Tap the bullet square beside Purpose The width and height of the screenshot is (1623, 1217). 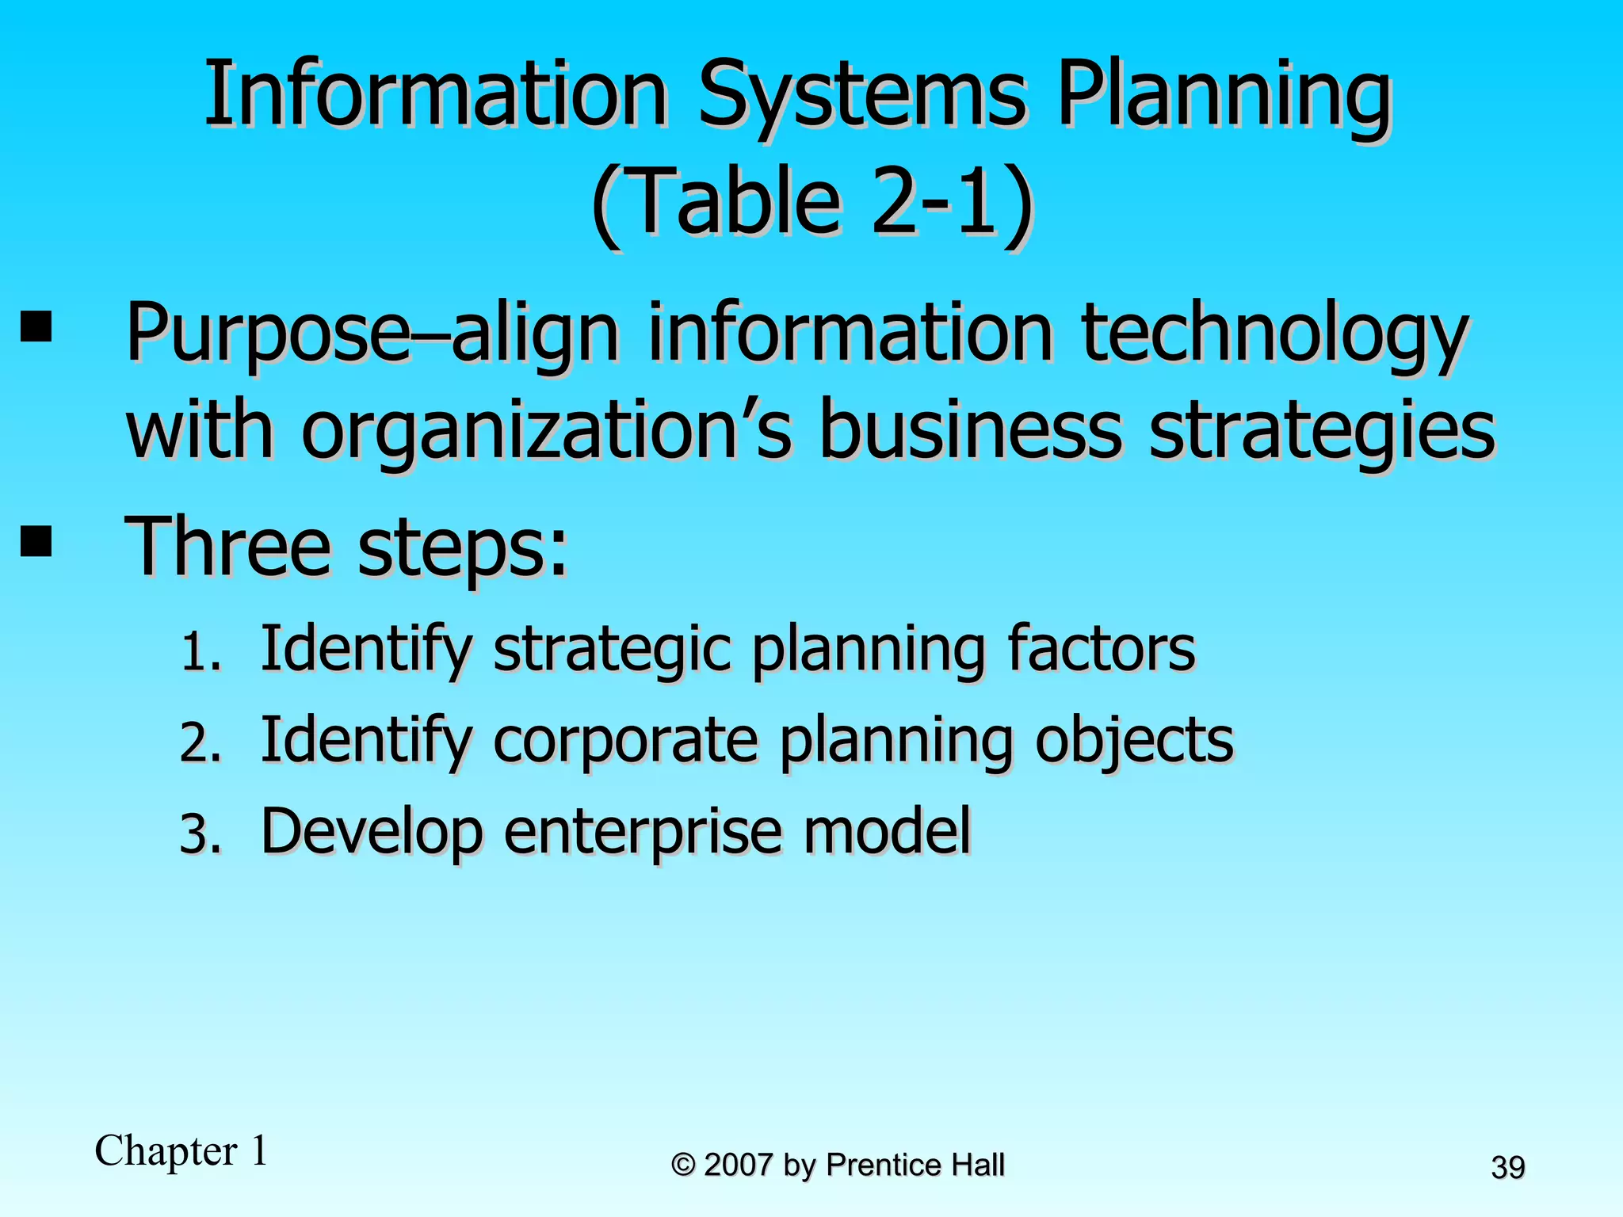point(36,326)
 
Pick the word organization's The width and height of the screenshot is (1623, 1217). point(546,432)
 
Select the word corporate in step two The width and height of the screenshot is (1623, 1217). point(625,742)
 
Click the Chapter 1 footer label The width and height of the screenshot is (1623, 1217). point(181,1150)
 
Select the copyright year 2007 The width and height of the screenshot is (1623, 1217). point(738,1165)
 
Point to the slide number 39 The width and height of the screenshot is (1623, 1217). point(1508,1168)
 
